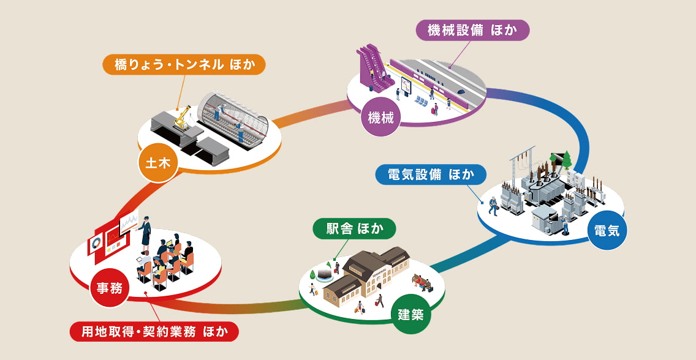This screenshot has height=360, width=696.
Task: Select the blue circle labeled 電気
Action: (x=607, y=231)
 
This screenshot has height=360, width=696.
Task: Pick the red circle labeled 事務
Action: (x=109, y=288)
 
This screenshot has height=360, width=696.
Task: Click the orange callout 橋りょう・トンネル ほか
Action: (x=184, y=64)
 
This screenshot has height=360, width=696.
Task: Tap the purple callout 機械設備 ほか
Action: (x=472, y=30)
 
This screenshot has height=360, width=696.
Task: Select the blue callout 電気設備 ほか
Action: (x=430, y=174)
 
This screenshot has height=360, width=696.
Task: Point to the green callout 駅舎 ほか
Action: (x=355, y=230)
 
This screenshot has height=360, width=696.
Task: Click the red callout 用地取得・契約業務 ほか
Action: (x=154, y=332)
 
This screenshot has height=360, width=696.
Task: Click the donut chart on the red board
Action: (x=97, y=244)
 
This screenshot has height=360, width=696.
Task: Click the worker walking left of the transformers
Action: (x=493, y=205)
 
